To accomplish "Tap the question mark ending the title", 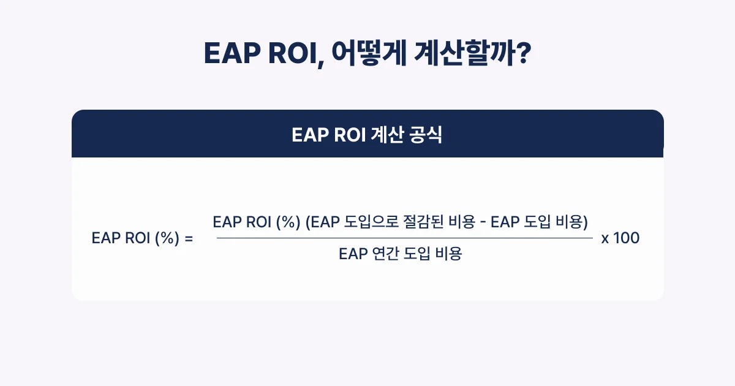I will [522, 55].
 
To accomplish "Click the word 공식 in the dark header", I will [428, 135].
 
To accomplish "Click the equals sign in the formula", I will [188, 239].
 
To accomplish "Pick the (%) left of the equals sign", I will [165, 239].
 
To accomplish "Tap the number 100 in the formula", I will [626, 238].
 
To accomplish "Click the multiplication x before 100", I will [605, 239].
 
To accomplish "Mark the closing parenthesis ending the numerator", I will [586, 222].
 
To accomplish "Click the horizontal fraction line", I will [404, 238].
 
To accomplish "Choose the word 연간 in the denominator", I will [385, 254].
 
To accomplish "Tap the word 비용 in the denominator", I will [448, 254].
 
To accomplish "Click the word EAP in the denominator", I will [353, 254].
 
